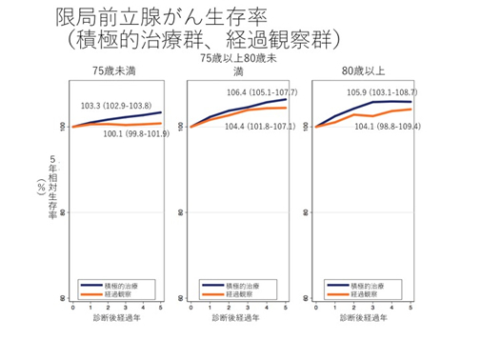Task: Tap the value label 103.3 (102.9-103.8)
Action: (115, 105)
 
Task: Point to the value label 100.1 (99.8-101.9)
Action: (135, 134)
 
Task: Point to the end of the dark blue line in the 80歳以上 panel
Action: (411, 102)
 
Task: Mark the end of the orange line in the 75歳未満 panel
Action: (161, 123)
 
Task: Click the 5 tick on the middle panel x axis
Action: (286, 308)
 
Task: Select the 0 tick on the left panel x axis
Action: (72, 308)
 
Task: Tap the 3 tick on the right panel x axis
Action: (372, 308)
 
